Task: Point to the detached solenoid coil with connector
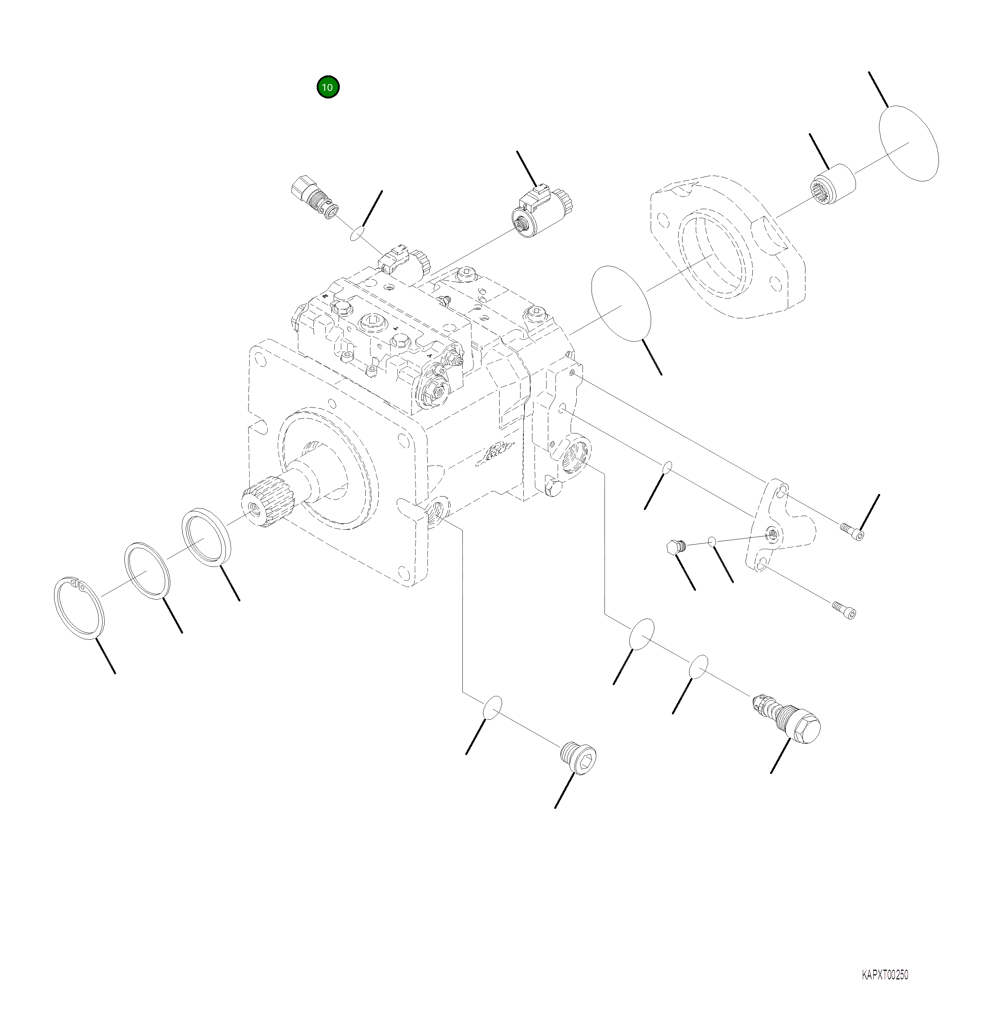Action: click(542, 210)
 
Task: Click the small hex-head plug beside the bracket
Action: click(677, 546)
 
